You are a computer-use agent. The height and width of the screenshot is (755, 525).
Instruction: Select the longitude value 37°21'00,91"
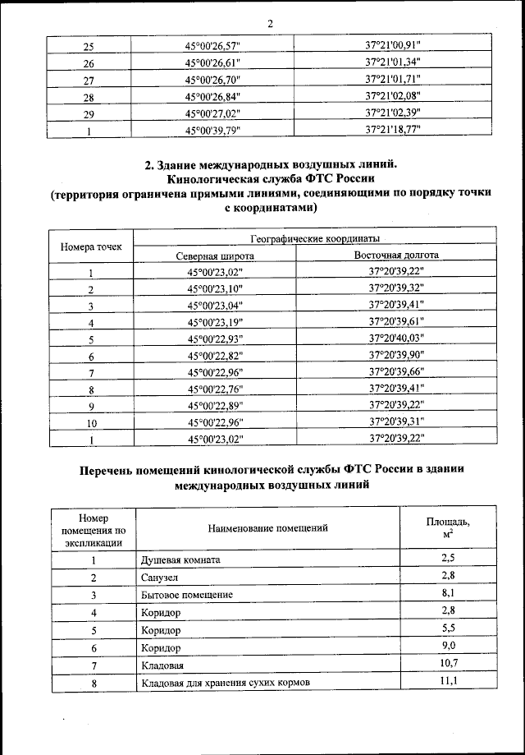pyautogui.click(x=396, y=47)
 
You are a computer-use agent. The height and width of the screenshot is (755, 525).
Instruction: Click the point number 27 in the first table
pyautogui.click(x=89, y=81)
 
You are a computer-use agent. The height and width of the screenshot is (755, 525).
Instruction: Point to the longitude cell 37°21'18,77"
pyautogui.click(x=396, y=130)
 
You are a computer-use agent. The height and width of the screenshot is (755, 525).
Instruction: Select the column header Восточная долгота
pyautogui.click(x=396, y=256)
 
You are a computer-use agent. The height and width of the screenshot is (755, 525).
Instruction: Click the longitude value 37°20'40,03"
pyautogui.click(x=396, y=338)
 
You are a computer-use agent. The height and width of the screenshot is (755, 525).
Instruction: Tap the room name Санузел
pyautogui.click(x=159, y=578)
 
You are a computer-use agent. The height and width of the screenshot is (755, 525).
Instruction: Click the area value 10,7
pyautogui.click(x=448, y=664)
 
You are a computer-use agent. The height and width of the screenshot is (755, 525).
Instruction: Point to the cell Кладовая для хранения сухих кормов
pyautogui.click(x=220, y=682)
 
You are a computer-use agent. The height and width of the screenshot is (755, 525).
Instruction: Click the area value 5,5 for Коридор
pyautogui.click(x=448, y=629)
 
